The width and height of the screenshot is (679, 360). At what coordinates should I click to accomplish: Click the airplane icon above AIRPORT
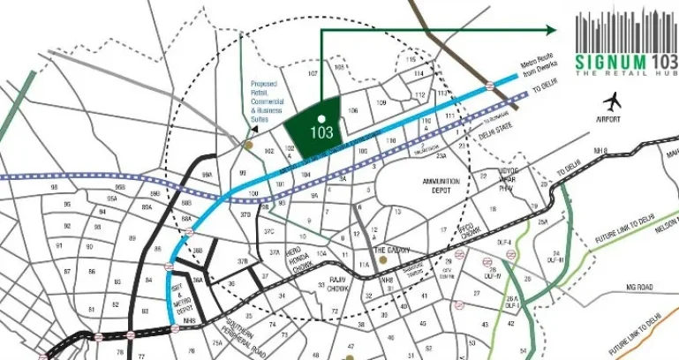(612, 101)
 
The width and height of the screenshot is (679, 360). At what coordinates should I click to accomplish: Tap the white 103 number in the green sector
(321, 133)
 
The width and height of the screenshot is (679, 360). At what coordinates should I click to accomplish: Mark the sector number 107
(313, 73)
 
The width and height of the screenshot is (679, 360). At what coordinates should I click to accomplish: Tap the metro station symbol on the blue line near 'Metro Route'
(489, 86)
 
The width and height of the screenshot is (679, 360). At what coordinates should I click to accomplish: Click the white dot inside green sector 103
(321, 117)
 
